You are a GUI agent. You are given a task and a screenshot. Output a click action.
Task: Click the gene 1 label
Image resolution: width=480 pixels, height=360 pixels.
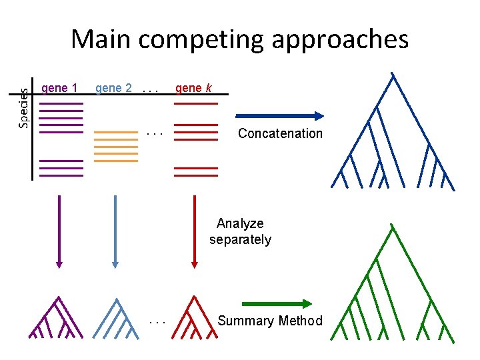click(59, 88)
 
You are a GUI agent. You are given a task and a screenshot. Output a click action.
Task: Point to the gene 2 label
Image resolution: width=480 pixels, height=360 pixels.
click(113, 88)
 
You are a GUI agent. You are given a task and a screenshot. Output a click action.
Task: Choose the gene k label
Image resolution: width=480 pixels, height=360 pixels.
click(193, 88)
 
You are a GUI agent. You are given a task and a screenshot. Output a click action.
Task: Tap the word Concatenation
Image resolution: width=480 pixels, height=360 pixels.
click(280, 133)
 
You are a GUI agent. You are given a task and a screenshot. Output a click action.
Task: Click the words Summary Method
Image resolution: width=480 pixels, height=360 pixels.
click(270, 321)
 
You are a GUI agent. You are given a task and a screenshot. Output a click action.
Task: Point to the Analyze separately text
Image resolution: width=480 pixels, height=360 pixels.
click(240, 231)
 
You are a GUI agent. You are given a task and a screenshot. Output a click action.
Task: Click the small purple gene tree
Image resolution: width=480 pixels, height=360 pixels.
click(55, 319)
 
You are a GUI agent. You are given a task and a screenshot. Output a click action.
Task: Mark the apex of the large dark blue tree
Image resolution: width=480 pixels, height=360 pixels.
click(393, 73)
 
